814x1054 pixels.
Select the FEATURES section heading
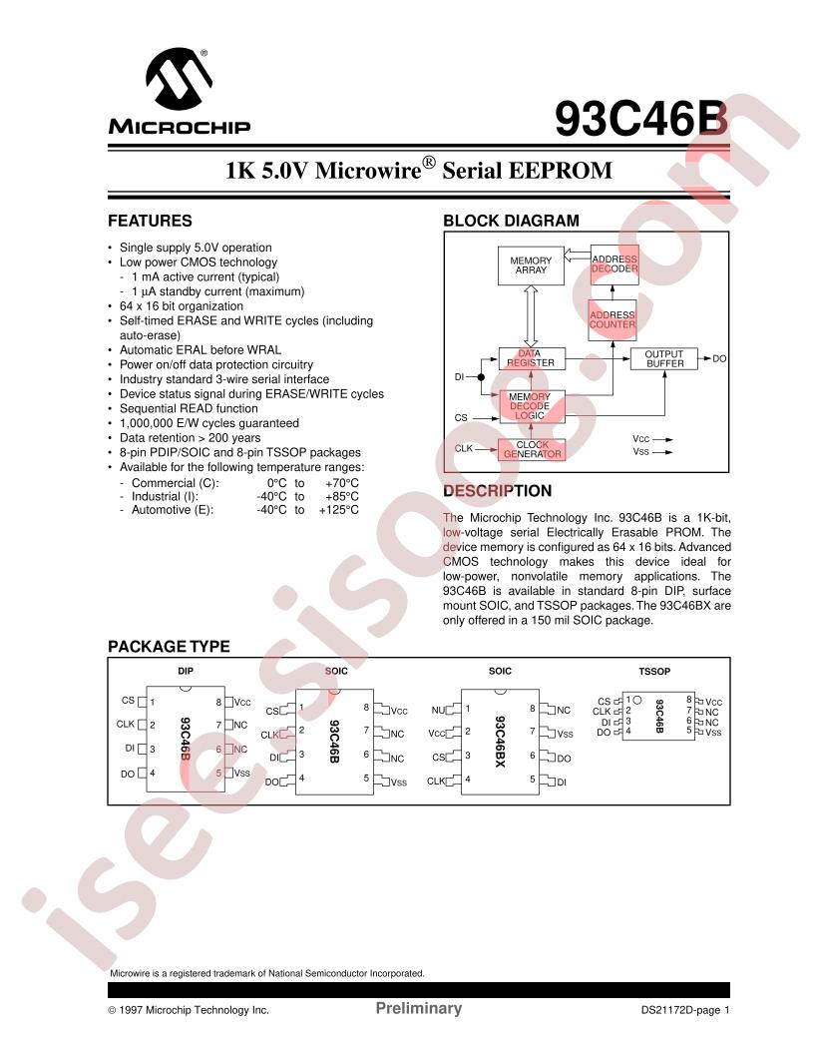(150, 222)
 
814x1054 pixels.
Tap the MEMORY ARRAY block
(531, 265)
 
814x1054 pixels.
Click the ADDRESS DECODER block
(613, 264)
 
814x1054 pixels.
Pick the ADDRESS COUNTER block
(611, 319)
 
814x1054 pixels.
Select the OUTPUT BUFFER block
(663, 359)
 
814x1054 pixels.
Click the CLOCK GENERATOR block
(531, 450)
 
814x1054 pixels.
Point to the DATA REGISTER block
(530, 358)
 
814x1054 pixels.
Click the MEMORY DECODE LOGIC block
(530, 406)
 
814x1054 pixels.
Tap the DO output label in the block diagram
(719, 358)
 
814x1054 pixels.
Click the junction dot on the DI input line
(481, 377)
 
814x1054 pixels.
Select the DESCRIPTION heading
(497, 491)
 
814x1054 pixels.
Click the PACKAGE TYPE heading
(169, 647)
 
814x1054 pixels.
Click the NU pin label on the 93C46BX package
(437, 710)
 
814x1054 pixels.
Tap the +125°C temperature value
(338, 510)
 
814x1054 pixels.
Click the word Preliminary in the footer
(418, 1008)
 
